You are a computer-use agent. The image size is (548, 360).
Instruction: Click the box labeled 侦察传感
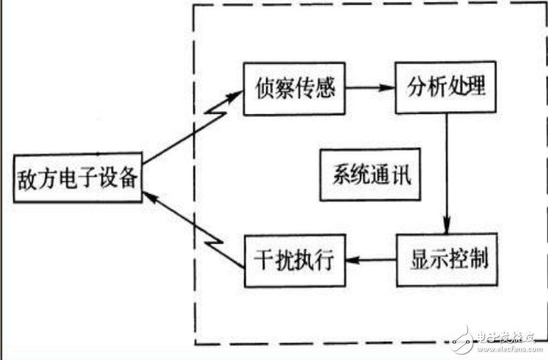[x=294, y=87]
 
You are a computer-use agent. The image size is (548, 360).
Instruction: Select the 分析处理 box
[x=446, y=88]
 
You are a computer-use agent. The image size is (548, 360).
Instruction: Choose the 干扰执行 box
[x=294, y=260]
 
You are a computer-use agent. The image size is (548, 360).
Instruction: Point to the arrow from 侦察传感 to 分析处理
[x=370, y=88]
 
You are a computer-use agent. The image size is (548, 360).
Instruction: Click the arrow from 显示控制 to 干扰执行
[x=371, y=260]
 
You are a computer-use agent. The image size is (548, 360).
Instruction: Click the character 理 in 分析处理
[x=478, y=88]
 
